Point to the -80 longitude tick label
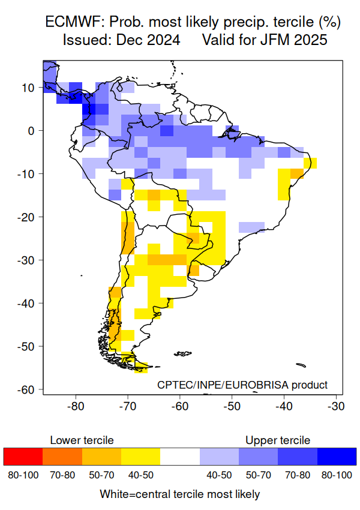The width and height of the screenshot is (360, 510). pos(76,406)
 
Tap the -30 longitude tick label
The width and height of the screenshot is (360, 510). pos(335,406)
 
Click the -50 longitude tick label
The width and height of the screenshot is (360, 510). pos(232,406)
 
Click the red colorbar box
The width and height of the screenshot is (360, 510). pos(23,457)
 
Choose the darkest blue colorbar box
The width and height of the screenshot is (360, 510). pos(337,457)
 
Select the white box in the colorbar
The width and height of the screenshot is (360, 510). pos(180,457)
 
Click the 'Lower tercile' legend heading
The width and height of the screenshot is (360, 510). pos(82,440)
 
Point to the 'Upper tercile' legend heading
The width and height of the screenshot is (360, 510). pos(278,440)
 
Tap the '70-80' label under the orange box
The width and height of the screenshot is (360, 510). pos(62,475)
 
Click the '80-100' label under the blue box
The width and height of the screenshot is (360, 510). pos(337,475)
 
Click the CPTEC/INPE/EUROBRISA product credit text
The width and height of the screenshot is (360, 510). pos(242,385)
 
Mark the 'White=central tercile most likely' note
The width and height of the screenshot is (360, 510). pos(180,494)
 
